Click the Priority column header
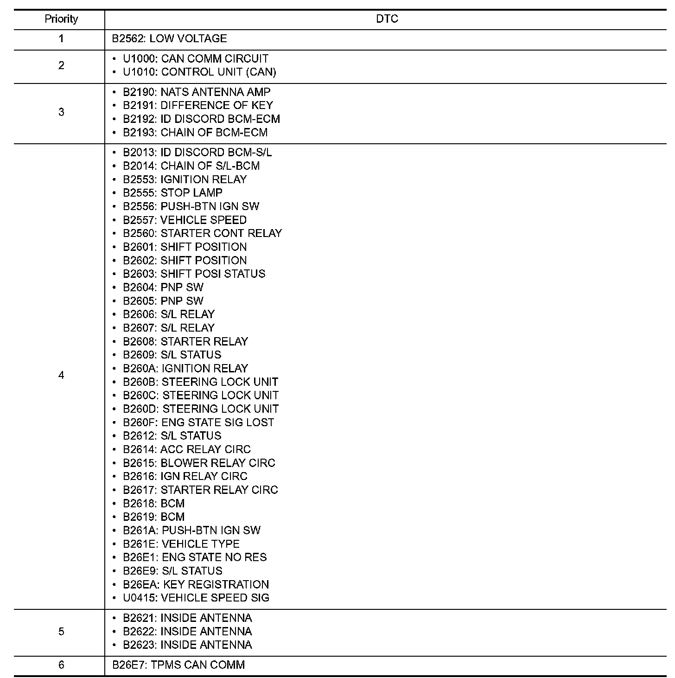pos(61,19)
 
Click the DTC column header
pos(387,19)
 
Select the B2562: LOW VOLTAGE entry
pos(169,38)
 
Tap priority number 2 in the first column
pos(61,65)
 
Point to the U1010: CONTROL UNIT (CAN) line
pos(199,72)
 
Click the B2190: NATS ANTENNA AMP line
pos(197,92)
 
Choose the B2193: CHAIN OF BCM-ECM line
pos(195,132)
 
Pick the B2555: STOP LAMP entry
pos(172,192)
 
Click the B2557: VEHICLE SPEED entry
pos(185,220)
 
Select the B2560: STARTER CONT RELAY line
pos(202,233)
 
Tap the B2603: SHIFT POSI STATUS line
pos(194,274)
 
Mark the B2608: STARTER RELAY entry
pos(185,341)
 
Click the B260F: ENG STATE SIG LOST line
pos(198,422)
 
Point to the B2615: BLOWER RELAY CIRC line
pos(199,463)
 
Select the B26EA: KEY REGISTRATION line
pos(196,584)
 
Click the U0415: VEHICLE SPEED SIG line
pos(196,598)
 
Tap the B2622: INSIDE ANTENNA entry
pos(187,631)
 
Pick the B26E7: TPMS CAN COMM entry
pos(178,665)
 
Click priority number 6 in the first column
pos(61,665)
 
